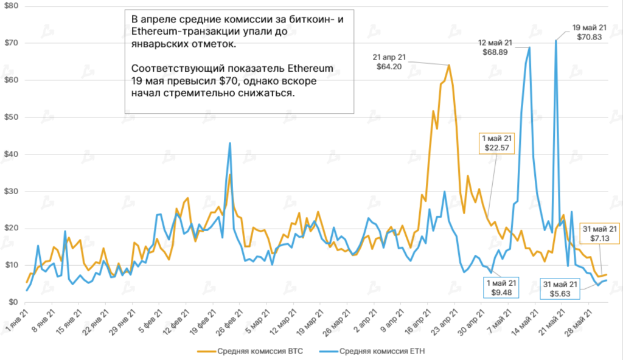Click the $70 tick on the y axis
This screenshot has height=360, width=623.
coord(11,43)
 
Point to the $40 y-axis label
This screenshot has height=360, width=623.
coord(11,154)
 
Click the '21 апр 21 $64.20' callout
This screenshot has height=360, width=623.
coord(392,62)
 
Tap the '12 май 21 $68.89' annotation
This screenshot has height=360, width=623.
coord(496,47)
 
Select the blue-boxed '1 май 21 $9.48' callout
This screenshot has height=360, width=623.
coord(502,287)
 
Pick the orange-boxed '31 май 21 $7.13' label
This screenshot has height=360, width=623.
coord(600,234)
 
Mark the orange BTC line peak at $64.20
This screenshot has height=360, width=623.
coord(448,65)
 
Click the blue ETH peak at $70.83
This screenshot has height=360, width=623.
coord(555,41)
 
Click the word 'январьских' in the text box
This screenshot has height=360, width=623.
coord(153,44)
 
